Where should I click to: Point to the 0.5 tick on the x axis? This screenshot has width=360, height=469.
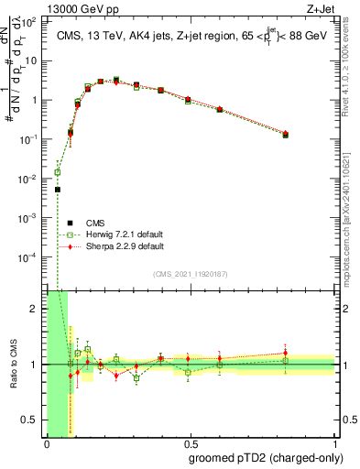point(191,442)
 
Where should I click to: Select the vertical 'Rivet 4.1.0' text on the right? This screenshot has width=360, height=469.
point(352,64)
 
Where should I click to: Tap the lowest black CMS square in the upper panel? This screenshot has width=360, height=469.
point(58,190)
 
